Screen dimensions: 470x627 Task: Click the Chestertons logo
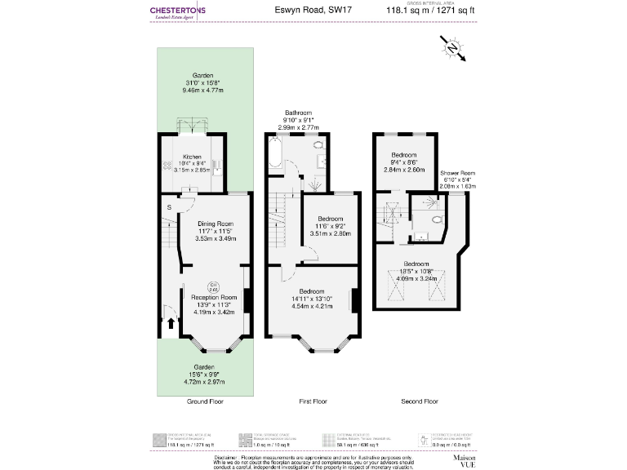click(x=178, y=13)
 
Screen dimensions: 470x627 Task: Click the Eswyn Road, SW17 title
click(x=307, y=11)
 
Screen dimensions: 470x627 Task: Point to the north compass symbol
click(x=453, y=50)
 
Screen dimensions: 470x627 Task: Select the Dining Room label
click(x=215, y=231)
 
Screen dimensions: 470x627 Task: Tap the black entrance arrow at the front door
click(x=170, y=324)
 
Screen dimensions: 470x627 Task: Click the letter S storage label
click(x=169, y=208)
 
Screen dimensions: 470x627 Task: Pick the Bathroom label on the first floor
click(x=298, y=120)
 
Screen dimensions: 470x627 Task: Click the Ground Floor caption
click(x=206, y=402)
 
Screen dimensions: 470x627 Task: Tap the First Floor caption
click(x=313, y=402)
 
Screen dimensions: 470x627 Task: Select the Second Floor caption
click(x=419, y=402)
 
